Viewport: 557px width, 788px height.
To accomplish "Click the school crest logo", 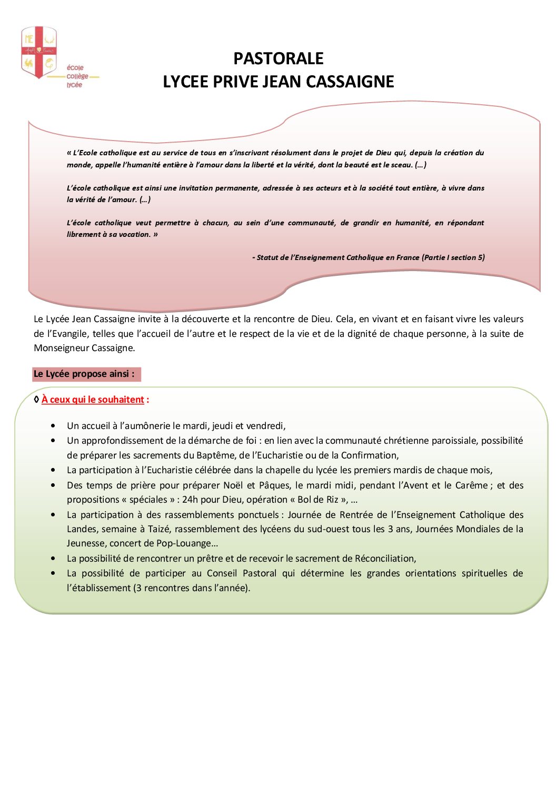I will pyautogui.click(x=39, y=53).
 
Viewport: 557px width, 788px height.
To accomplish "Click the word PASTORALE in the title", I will pyautogui.click(x=278, y=58).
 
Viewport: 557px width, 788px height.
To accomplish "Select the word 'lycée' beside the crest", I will pyautogui.click(x=74, y=85).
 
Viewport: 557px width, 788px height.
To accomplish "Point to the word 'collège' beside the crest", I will pyautogui.click(x=77, y=76).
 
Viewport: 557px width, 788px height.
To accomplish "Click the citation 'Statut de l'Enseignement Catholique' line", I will pyautogui.click(x=369, y=257).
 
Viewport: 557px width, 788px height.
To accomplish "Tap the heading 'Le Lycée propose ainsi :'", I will pyautogui.click(x=84, y=374).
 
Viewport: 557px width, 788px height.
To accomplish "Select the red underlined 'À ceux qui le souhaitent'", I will pyautogui.click(x=93, y=400).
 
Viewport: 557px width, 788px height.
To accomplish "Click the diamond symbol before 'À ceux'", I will pyautogui.click(x=36, y=400).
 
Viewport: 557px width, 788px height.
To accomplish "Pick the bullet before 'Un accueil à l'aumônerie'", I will pyautogui.click(x=53, y=426).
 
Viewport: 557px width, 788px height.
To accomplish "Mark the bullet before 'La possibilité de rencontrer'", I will pyautogui.click(x=53, y=558).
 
